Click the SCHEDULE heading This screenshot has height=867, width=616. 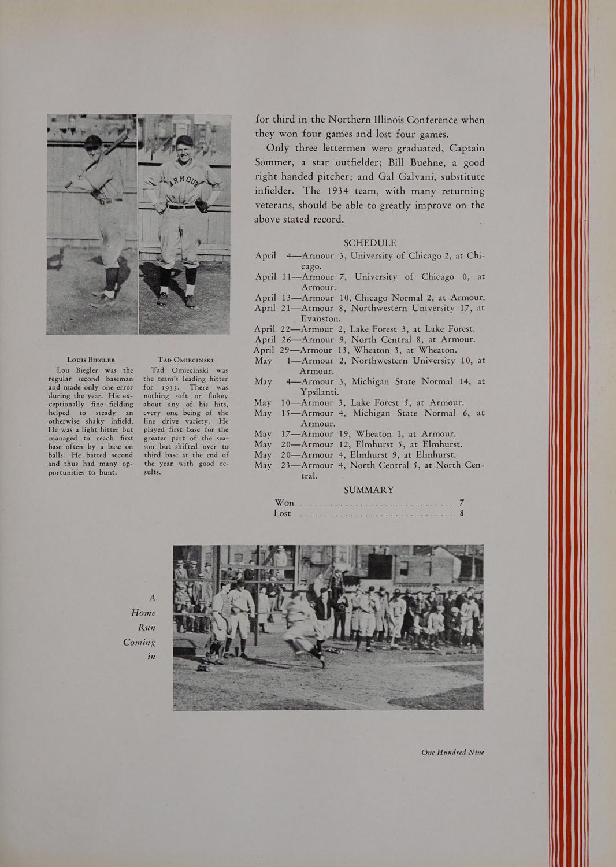click(369, 243)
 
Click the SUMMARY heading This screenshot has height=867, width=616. click(369, 490)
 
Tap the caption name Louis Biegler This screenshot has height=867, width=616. click(91, 360)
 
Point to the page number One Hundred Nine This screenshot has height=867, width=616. click(452, 752)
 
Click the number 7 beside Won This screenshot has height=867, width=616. click(462, 502)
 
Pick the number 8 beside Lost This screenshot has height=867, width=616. click(462, 513)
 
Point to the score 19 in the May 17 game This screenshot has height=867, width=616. click(344, 433)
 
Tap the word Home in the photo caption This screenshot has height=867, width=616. click(143, 613)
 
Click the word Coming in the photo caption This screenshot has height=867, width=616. click(139, 642)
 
